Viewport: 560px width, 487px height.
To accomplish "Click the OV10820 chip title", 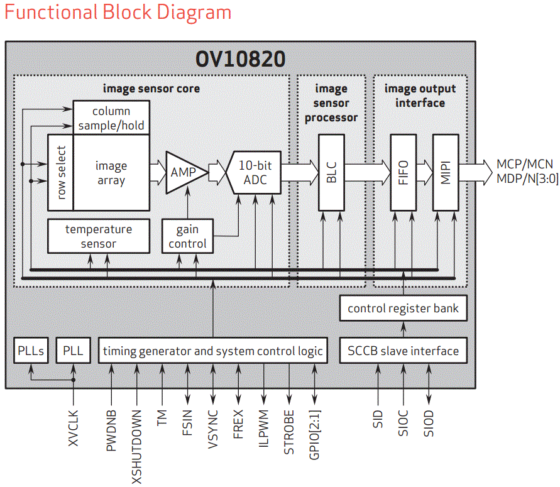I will click(240, 58).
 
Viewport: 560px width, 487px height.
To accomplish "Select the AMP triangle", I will click(184, 172).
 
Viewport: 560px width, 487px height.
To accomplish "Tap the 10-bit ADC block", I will click(255, 172).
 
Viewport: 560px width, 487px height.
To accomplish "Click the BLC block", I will click(331, 172).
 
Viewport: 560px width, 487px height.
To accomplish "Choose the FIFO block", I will click(404, 172).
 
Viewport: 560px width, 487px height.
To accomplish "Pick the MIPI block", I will click(446, 172).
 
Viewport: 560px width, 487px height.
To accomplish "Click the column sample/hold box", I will click(111, 118).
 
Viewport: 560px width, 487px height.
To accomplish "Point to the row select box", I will click(61, 173).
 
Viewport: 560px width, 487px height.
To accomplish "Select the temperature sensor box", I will click(99, 236).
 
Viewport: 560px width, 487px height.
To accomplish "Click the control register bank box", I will click(404, 309).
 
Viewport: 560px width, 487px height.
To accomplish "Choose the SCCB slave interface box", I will click(404, 351).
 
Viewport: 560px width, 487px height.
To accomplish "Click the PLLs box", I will click(31, 351).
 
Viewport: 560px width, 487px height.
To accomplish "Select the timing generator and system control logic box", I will click(213, 351).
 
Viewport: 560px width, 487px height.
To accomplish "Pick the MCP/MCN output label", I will click(525, 164).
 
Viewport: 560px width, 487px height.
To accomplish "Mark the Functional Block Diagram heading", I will click(118, 13).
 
